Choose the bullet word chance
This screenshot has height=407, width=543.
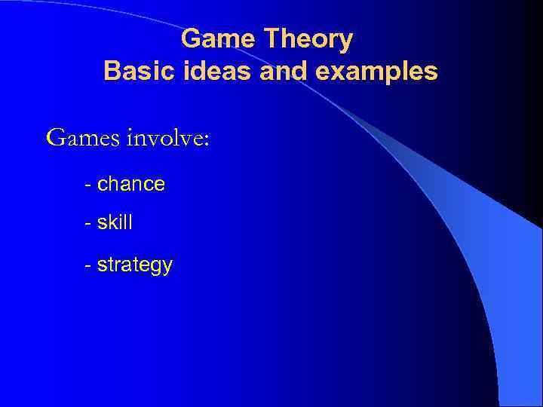pyautogui.click(x=131, y=184)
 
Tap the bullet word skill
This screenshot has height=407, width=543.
pyautogui.click(x=115, y=224)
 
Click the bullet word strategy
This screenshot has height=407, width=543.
pyautogui.click(x=135, y=265)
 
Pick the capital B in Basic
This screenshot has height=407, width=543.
pyautogui.click(x=112, y=71)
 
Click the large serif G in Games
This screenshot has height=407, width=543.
pyautogui.click(x=56, y=137)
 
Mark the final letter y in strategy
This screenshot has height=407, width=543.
pyautogui.click(x=167, y=268)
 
